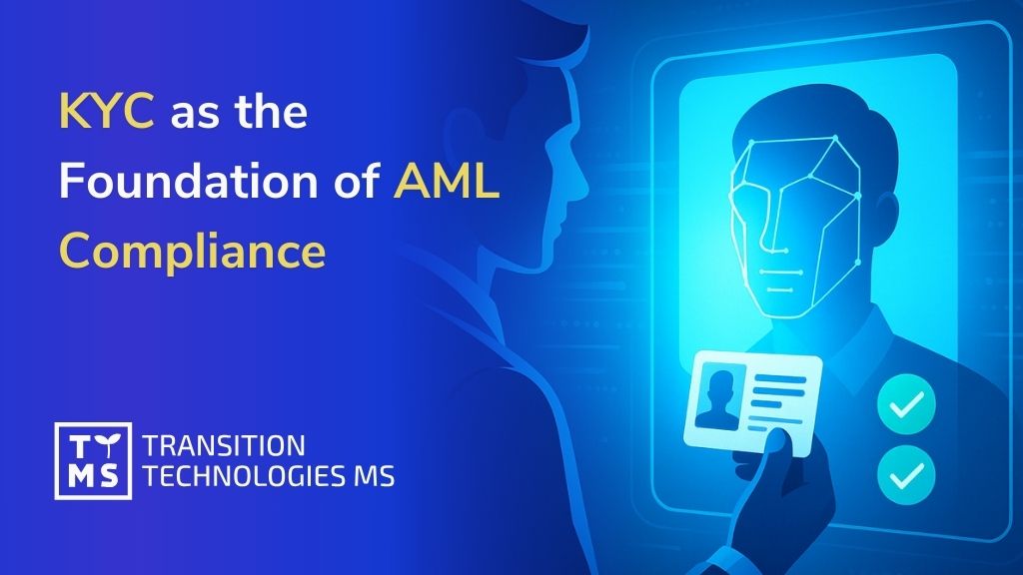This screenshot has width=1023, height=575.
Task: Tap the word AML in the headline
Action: click(x=446, y=182)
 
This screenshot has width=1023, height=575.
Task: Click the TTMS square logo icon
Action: click(x=92, y=460)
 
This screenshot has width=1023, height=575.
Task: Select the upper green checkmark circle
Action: click(x=906, y=403)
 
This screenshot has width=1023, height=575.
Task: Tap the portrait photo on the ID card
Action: click(x=720, y=393)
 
